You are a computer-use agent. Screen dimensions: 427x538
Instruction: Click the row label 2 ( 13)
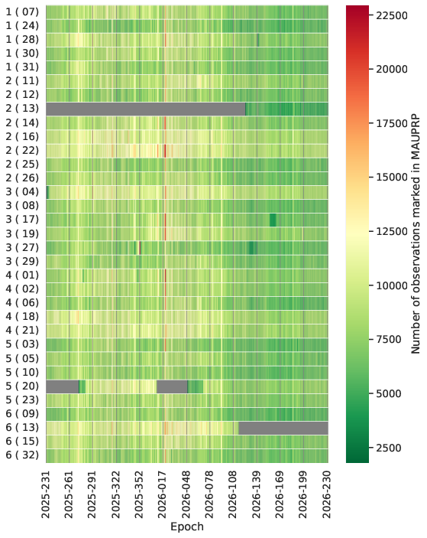coord(22,109)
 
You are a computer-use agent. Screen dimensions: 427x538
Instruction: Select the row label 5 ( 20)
coord(22,386)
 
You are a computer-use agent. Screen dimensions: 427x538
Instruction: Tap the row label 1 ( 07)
coord(22,12)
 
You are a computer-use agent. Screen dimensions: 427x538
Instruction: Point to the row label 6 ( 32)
coord(22,455)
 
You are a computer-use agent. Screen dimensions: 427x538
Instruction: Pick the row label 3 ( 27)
coord(22,247)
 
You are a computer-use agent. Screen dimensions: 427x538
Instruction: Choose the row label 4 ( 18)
coord(22,316)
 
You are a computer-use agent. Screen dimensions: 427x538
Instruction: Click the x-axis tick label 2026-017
coord(162,495)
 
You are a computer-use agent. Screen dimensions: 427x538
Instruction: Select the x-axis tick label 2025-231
coord(46,495)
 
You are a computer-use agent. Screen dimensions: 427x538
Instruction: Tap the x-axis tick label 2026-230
coord(327,495)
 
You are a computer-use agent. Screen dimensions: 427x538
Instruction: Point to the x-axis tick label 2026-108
coord(233,495)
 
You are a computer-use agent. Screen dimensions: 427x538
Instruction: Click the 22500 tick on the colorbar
coord(392,15)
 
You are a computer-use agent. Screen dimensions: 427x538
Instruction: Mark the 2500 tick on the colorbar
coord(389,448)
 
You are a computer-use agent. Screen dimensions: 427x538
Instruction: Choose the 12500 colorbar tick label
coord(392,231)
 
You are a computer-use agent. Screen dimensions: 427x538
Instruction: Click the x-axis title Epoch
coord(187,527)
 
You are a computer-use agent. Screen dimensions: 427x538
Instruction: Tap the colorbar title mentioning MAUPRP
coord(416,234)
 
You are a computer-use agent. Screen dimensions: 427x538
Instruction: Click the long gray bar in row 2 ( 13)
coord(146,109)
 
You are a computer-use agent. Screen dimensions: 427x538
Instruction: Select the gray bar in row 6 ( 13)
coord(283,429)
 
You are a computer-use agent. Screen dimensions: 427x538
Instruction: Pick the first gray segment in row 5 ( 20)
coord(63,386)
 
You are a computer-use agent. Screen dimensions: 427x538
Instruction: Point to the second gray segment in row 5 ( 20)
coord(172,386)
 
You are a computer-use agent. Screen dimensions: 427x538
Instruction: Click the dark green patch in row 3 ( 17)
coord(273,220)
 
